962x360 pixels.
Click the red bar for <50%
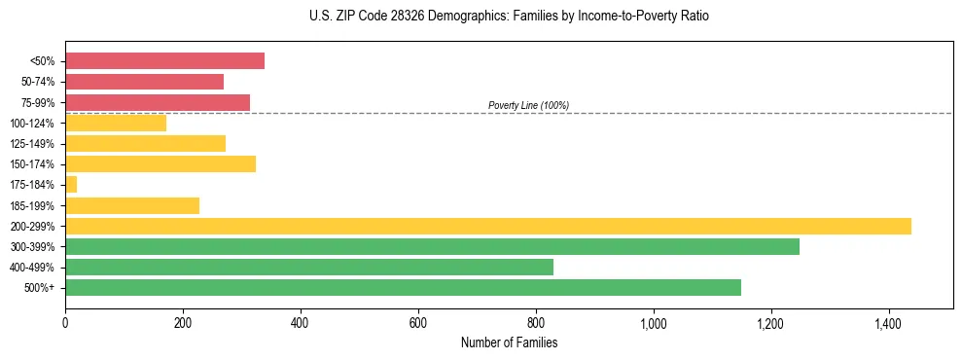point(164,61)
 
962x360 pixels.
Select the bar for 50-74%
point(144,82)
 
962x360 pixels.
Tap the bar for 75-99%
point(158,102)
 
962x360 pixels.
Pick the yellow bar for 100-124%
point(116,123)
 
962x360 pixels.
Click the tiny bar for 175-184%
point(71,184)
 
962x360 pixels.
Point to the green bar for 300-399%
point(432,246)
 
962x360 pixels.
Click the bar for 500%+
point(403,287)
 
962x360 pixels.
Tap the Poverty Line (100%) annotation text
point(528,105)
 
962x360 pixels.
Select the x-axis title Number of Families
point(509,342)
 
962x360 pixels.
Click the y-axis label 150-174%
point(32,164)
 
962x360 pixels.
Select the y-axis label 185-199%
point(32,205)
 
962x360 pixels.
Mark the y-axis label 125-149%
point(32,144)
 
